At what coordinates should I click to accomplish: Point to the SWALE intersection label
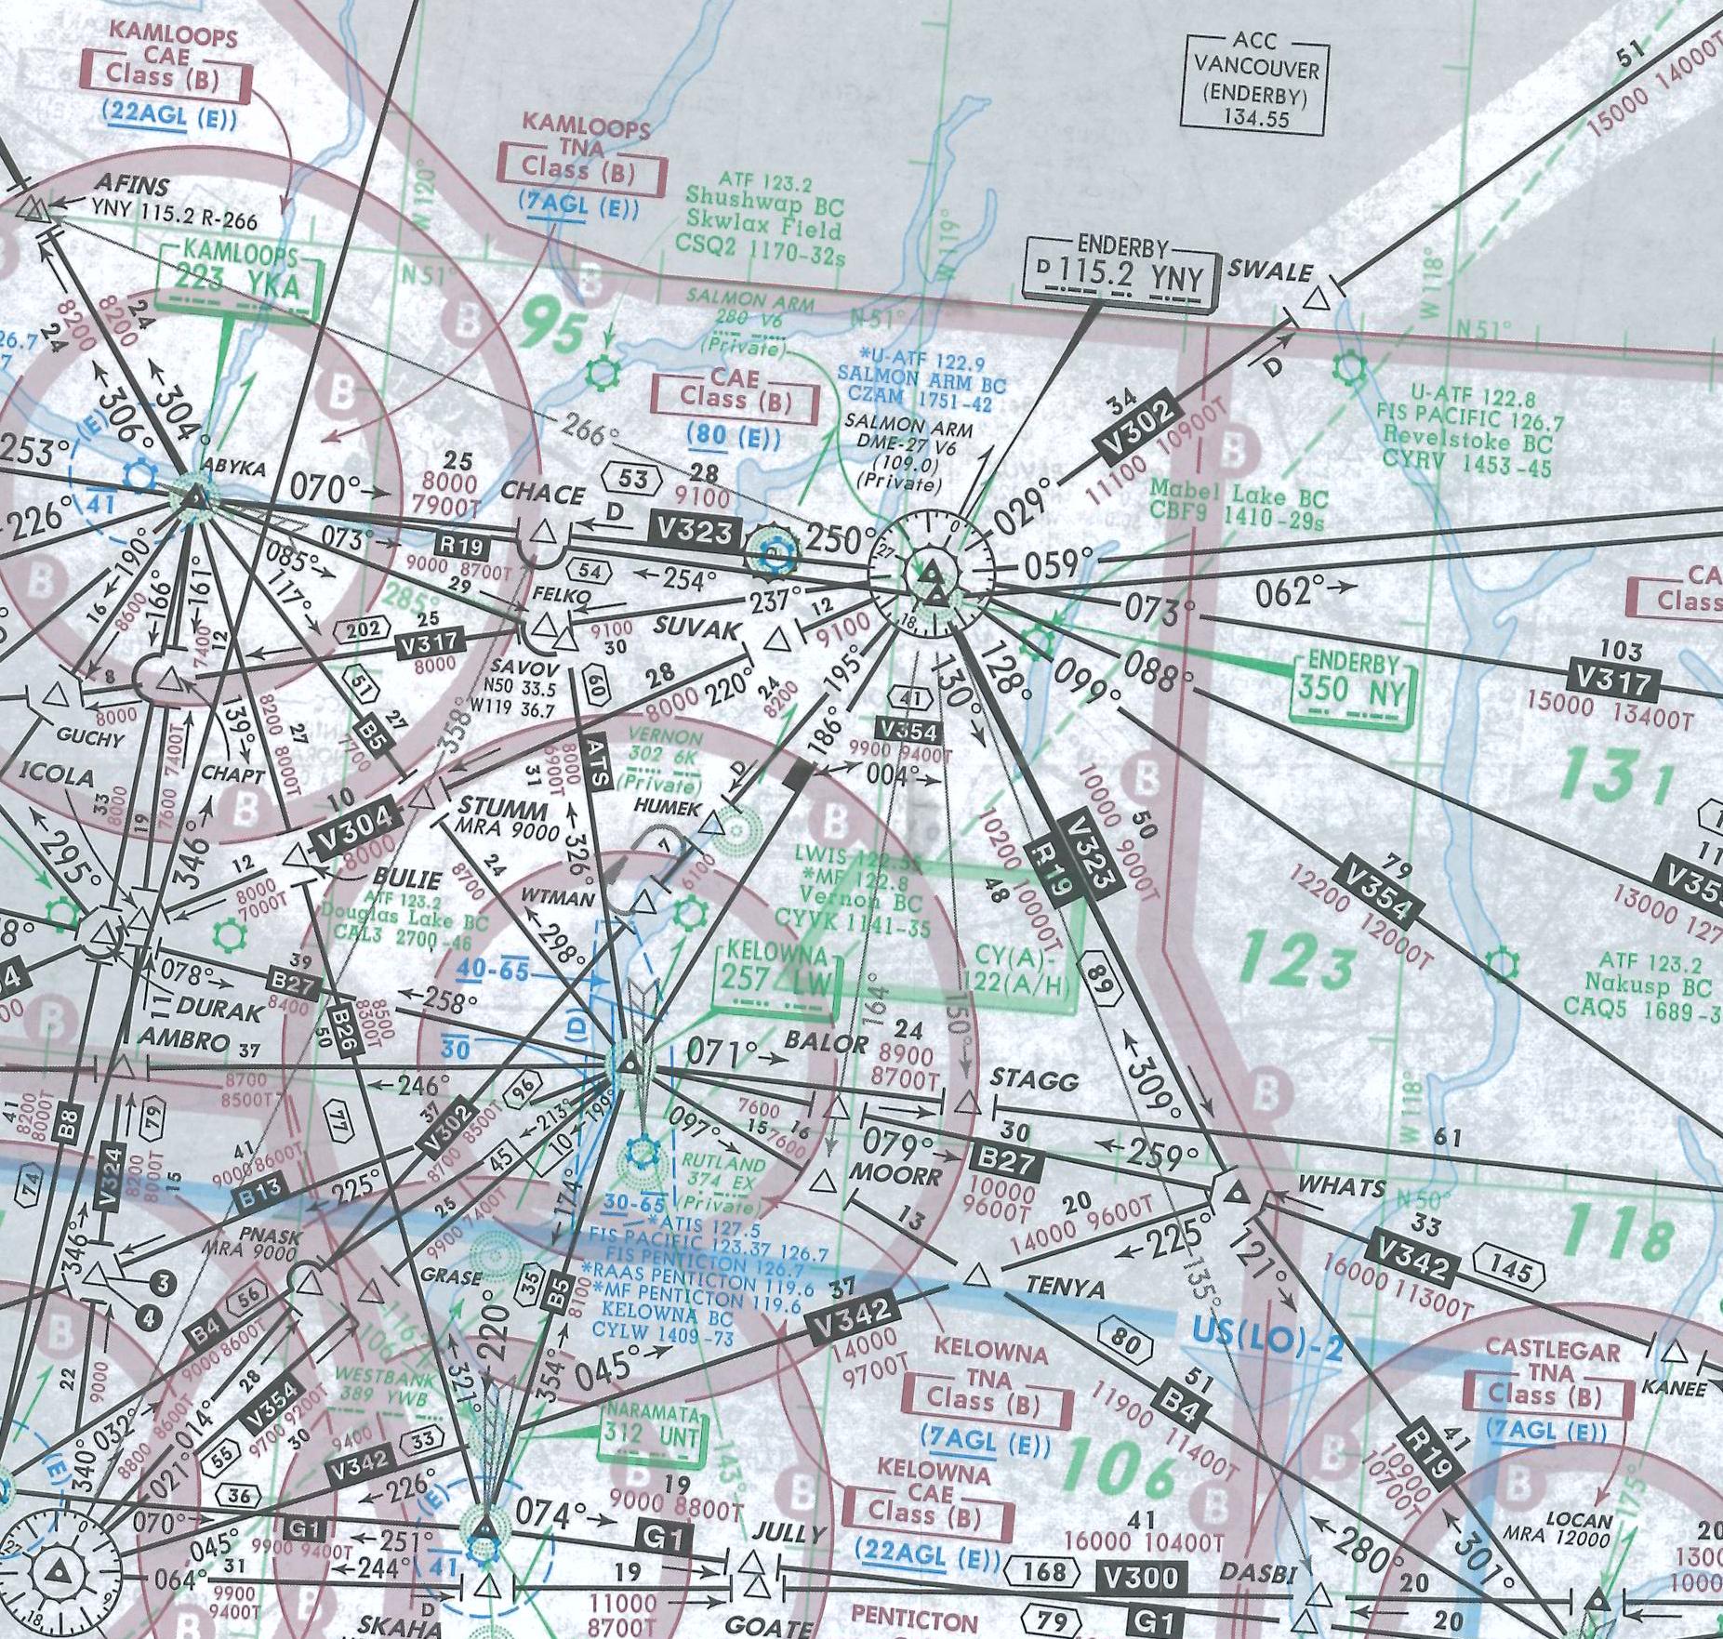(1270, 271)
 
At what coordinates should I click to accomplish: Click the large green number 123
(1296, 963)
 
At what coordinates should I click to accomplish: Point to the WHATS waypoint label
(1341, 1186)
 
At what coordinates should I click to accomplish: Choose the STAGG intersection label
(1034, 1080)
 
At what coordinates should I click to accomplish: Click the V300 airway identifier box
(1140, 1578)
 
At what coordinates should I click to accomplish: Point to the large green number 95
(554, 331)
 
